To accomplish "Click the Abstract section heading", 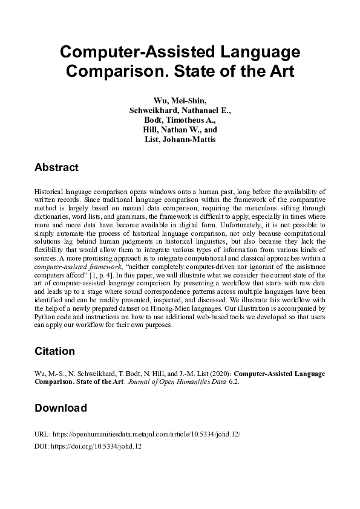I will click(56, 167).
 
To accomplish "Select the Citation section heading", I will click(55, 351).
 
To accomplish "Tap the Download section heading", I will click(61, 408).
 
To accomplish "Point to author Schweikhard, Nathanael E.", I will click(180, 111).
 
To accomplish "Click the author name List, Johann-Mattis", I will click(180, 140).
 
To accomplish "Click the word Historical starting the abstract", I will click(49, 190).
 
